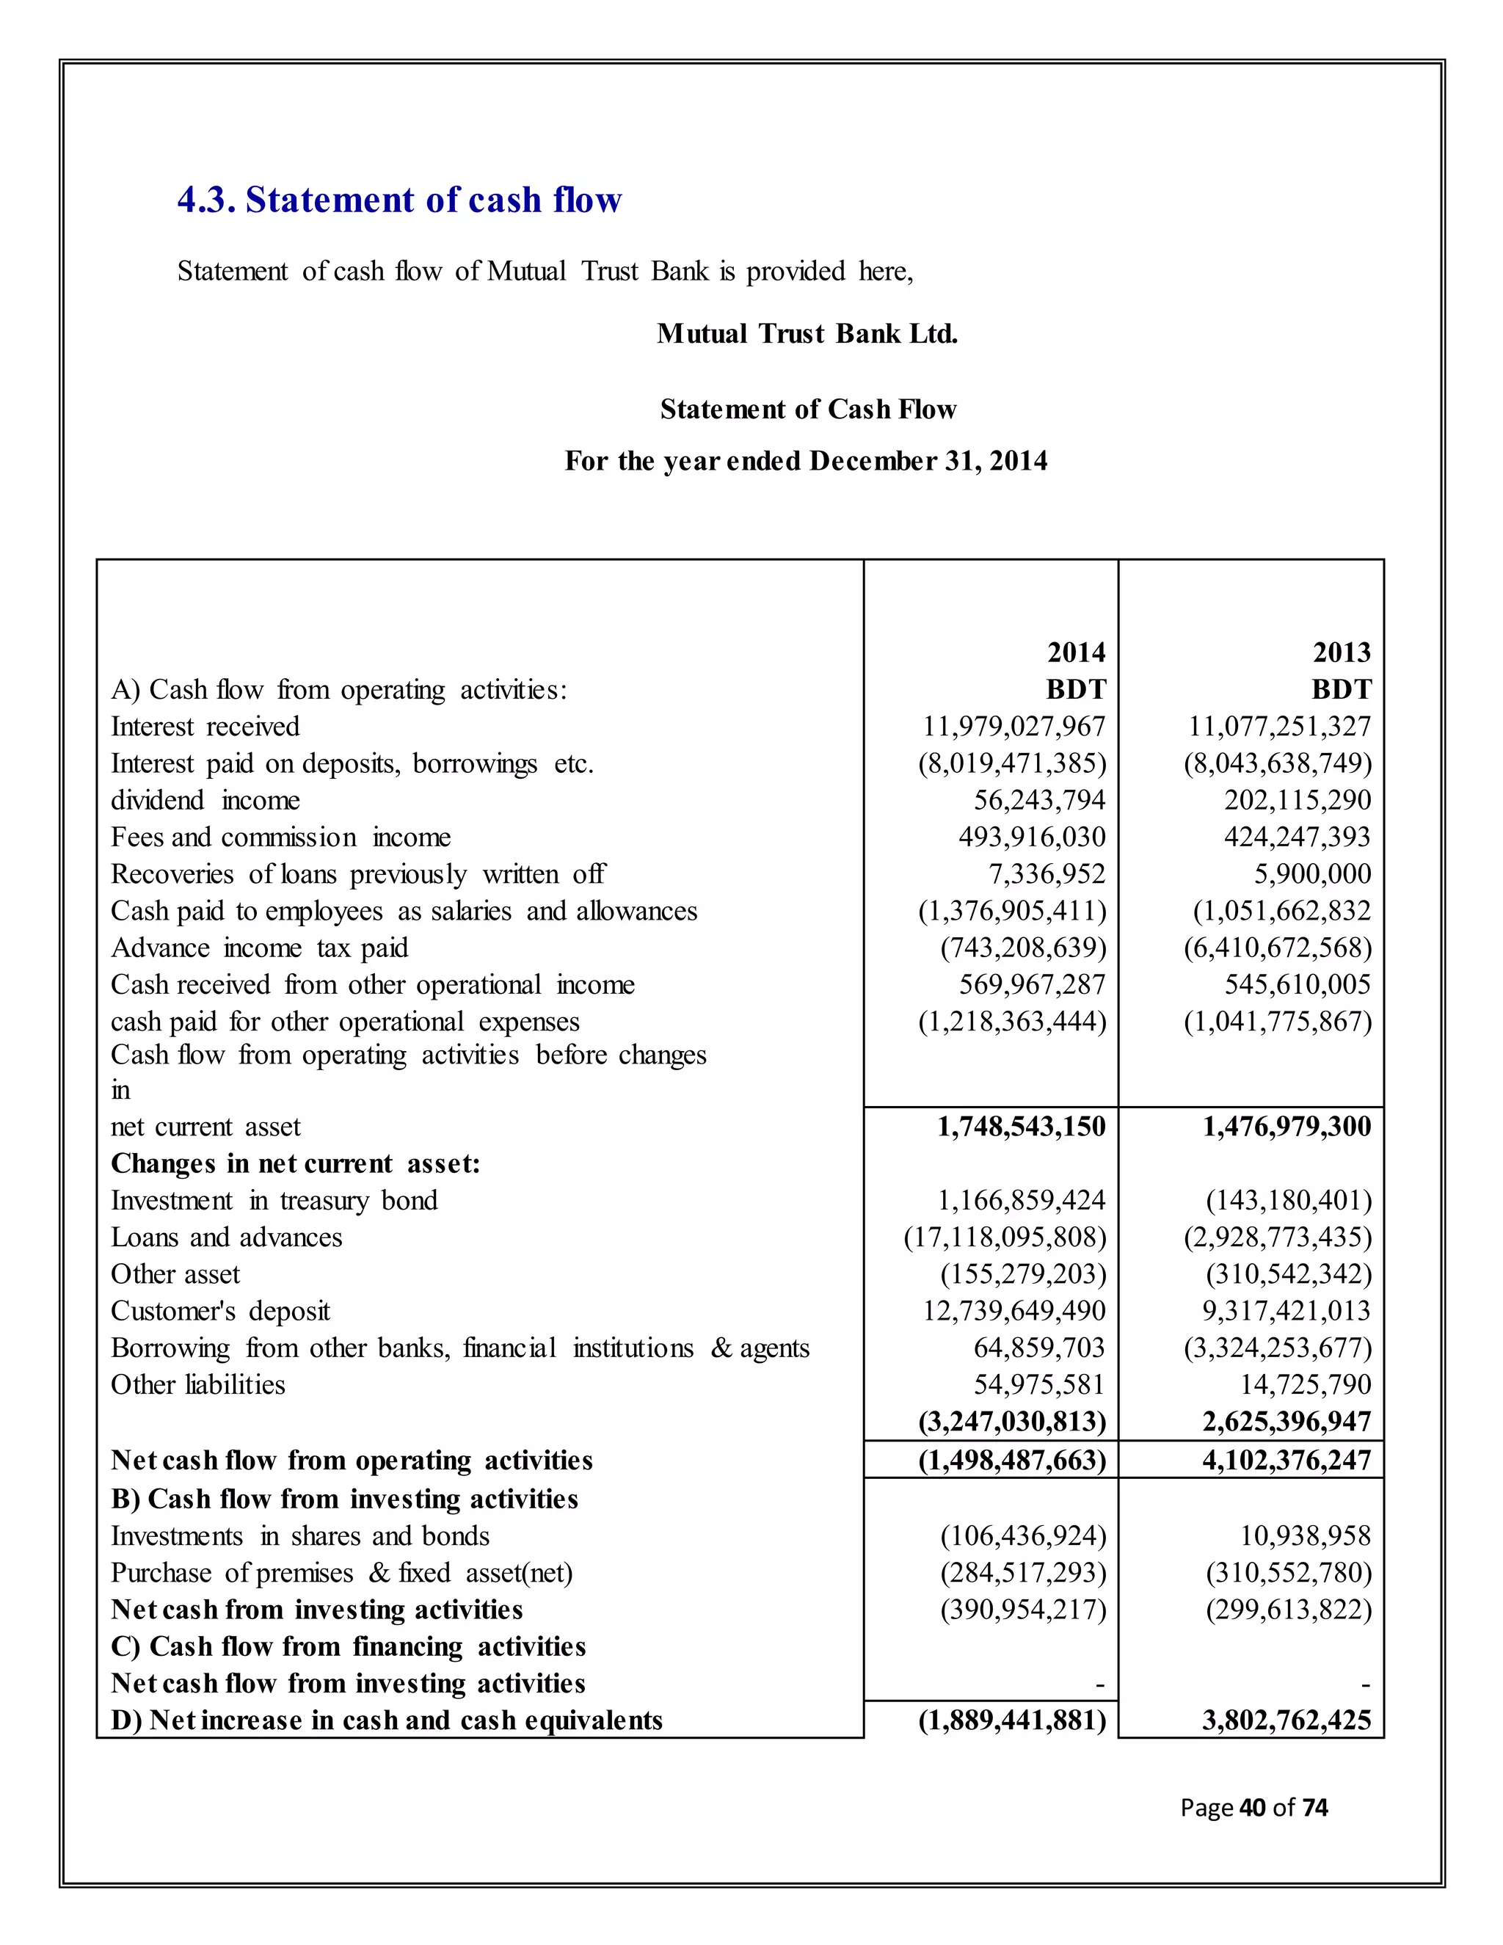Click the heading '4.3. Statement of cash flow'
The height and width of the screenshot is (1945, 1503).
pos(399,200)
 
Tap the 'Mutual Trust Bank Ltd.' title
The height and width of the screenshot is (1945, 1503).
pos(807,334)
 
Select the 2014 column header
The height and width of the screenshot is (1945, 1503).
pos(1076,652)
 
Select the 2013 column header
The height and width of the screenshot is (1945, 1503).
pos(1341,652)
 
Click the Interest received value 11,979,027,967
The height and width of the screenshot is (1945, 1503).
pos(1013,727)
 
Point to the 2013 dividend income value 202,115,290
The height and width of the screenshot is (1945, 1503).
pos(1297,801)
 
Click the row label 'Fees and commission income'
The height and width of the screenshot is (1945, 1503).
pos(280,837)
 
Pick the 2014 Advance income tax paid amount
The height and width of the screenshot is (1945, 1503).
pos(1023,948)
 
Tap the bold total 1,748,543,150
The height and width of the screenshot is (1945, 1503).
pos(1020,1127)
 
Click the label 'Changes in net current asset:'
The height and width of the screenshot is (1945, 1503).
pos(295,1164)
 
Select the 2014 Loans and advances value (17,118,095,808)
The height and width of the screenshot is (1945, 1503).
pos(1005,1238)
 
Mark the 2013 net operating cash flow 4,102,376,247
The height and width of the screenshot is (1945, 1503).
pos(1286,1461)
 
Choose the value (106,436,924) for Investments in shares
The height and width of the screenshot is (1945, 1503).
pos(1023,1536)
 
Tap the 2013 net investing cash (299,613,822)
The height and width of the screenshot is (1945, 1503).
pos(1289,1610)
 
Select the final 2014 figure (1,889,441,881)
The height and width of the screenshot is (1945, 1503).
pos(1011,1720)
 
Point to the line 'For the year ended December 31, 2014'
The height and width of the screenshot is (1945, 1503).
pos(806,462)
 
